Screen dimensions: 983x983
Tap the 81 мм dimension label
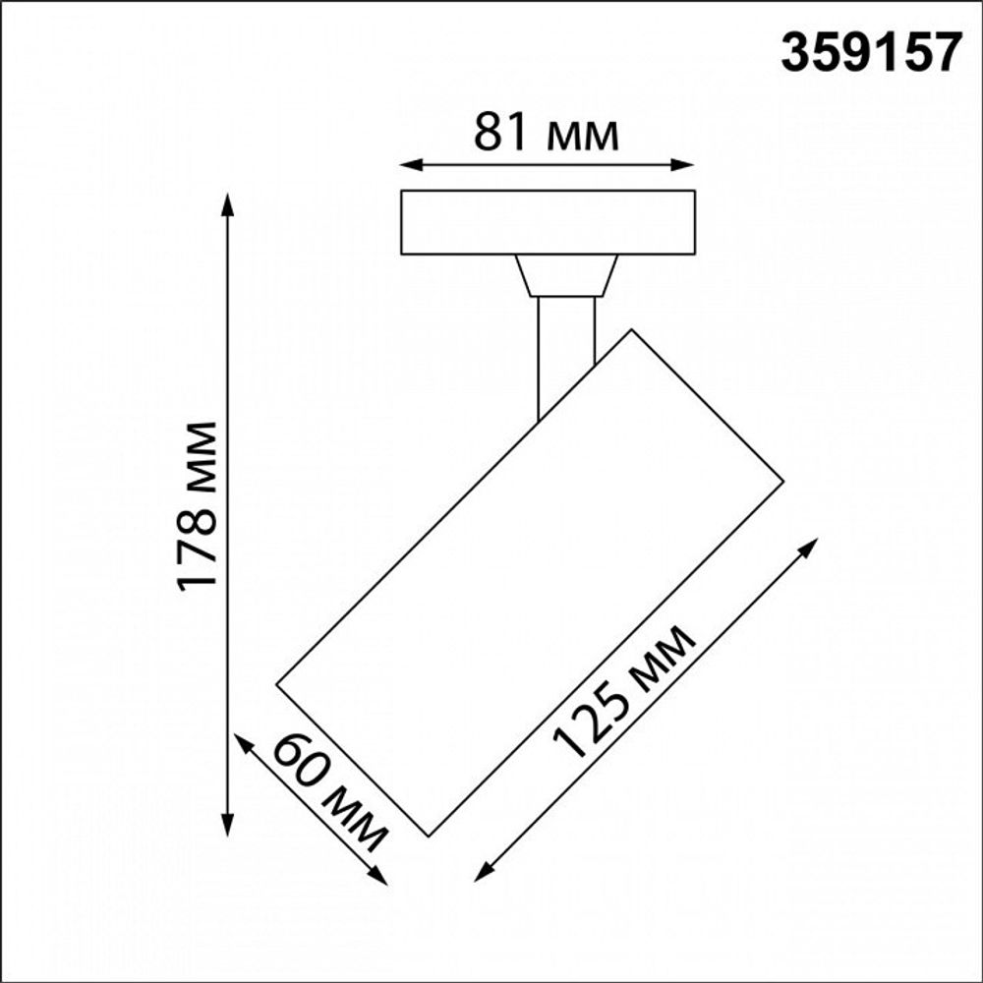pos(547,134)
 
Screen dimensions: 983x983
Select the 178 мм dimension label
pos(198,505)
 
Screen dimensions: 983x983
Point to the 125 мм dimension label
pos(625,691)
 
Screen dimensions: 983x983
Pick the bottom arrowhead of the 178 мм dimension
pos(229,829)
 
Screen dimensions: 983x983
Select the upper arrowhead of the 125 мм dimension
pos(812,544)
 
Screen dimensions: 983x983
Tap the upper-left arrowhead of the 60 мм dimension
pos(241,740)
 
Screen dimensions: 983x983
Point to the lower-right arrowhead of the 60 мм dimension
pos(379,877)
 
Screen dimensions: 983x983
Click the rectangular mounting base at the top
pos(548,222)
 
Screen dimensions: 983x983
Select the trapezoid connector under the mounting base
pos(566,275)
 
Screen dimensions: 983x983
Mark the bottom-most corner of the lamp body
pos(430,836)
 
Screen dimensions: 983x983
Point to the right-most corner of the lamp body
pos(782,482)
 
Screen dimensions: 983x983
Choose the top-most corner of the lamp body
pos(630,330)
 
